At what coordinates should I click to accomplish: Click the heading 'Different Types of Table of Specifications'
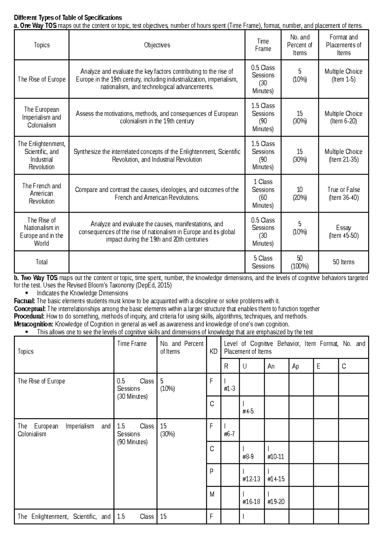coord(68,18)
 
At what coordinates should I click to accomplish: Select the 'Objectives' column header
coord(157,45)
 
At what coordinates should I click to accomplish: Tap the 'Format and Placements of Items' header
coord(343,45)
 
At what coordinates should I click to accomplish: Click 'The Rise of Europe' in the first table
coord(41,79)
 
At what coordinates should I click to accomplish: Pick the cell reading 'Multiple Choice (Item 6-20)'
coord(343,117)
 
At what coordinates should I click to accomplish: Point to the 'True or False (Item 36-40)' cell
coord(343,193)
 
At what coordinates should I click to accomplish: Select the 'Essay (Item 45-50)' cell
coord(343,232)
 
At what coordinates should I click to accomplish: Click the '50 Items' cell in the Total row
coord(343,262)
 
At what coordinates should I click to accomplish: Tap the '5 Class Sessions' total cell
coord(263,262)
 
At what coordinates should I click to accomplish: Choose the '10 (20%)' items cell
coord(300,193)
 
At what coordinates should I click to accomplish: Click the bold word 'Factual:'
coord(25,301)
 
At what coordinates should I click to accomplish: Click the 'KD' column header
coord(213,352)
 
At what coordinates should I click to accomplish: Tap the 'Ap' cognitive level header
coord(296,366)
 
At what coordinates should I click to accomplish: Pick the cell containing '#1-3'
coord(230,385)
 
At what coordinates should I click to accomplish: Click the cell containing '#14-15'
coord(276,475)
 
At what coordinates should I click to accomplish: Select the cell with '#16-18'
coord(251,498)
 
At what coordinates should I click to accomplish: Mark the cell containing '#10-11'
coord(276,453)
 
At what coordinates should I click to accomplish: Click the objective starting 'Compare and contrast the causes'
coord(157,193)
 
